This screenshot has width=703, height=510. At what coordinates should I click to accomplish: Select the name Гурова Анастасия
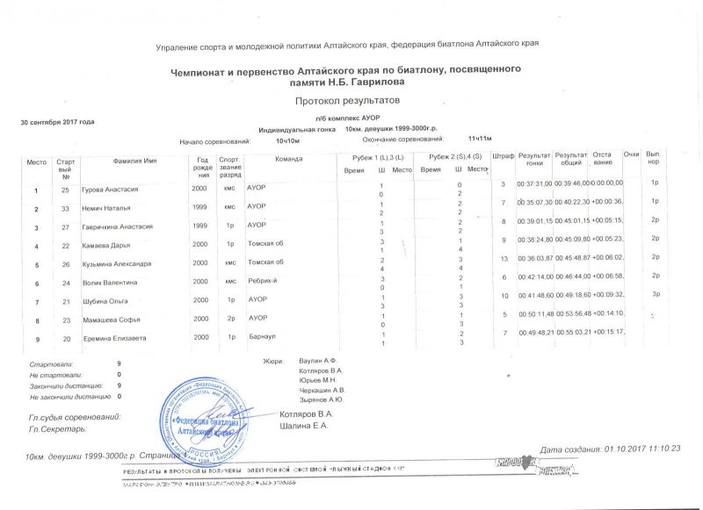pyautogui.click(x=110, y=190)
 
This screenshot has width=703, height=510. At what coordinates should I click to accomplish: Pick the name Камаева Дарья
pyautogui.click(x=106, y=245)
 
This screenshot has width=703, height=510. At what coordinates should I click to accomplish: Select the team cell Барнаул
pyautogui.click(x=261, y=337)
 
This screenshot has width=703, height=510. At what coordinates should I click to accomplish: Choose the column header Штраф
pyautogui.click(x=504, y=155)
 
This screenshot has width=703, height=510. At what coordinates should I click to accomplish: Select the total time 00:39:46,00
pyautogui.click(x=572, y=183)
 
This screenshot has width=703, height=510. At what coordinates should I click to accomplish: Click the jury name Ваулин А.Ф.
pyautogui.click(x=318, y=362)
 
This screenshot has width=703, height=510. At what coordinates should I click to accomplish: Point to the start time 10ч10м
pyautogui.click(x=288, y=140)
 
